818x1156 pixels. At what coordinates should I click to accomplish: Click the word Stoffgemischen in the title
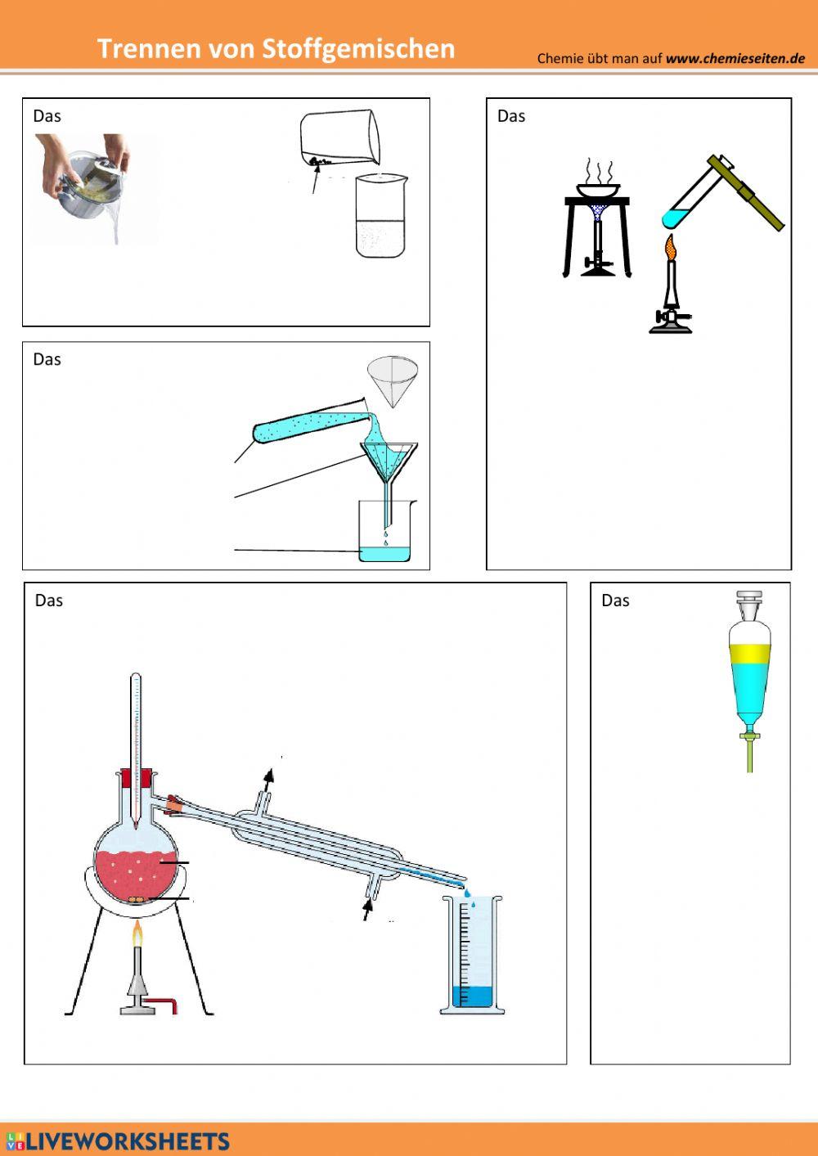pyautogui.click(x=358, y=49)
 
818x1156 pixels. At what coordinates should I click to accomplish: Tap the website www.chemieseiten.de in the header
pyautogui.click(x=735, y=58)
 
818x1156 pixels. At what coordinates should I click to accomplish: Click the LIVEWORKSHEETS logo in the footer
pyautogui.click(x=115, y=1140)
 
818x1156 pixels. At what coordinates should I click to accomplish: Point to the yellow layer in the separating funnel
pyautogui.click(x=750, y=653)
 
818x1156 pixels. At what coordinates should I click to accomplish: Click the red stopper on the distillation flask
pyautogui.click(x=137, y=778)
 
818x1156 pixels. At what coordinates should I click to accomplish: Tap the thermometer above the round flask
pyautogui.click(x=136, y=751)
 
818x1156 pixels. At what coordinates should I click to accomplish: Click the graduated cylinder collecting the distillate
pyautogui.click(x=472, y=955)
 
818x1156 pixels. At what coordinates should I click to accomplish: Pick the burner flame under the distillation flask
pyautogui.click(x=137, y=934)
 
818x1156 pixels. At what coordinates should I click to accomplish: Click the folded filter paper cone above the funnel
pyautogui.click(x=392, y=381)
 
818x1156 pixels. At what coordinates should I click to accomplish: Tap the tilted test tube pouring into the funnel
pyautogui.click(x=311, y=421)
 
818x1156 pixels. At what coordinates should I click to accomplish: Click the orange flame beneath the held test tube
pyautogui.click(x=671, y=247)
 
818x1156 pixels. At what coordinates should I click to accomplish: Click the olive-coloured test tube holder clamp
pyautogui.click(x=746, y=191)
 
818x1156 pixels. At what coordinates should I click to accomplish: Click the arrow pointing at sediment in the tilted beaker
pyautogui.click(x=315, y=180)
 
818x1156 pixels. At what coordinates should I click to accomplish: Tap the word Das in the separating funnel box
pyautogui.click(x=615, y=600)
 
